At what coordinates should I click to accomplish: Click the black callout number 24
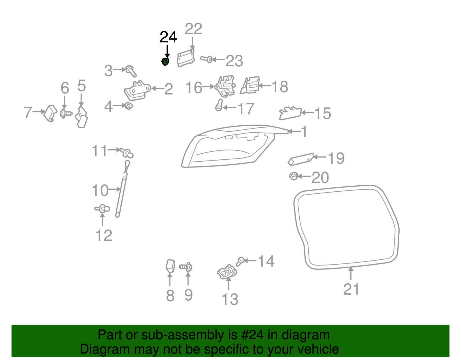click(168, 37)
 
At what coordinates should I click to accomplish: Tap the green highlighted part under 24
click(165, 61)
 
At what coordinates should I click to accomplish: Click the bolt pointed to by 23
click(206, 59)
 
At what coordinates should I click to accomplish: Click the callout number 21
click(351, 289)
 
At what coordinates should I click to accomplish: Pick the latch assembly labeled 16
click(225, 86)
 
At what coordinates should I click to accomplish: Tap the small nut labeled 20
click(293, 176)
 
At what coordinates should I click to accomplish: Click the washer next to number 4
click(129, 106)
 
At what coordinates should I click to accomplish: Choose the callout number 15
click(323, 114)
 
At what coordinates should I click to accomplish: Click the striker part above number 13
click(227, 272)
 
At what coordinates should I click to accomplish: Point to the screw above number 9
click(186, 267)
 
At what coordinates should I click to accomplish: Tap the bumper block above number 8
click(170, 266)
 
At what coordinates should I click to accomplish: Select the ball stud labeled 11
click(127, 152)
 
